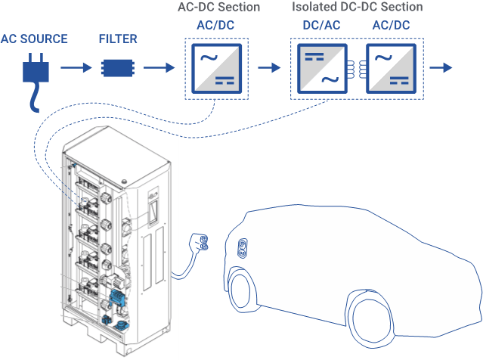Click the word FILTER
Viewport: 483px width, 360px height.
point(117,38)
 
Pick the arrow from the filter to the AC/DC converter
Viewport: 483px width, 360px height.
point(159,68)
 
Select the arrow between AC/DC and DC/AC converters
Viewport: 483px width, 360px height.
point(268,68)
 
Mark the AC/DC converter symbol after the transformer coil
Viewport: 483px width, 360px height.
point(391,68)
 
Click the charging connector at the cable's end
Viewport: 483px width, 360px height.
point(200,243)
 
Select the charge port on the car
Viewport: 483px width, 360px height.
point(243,248)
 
